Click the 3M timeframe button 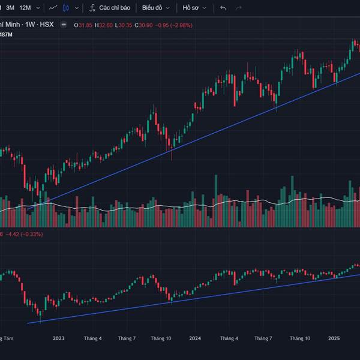[x=10, y=8]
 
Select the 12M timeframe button [x=25, y=8]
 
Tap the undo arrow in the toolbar [x=223, y=8]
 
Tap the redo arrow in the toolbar [x=239, y=8]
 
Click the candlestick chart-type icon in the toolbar [x=66, y=8]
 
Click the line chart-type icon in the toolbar [x=53, y=8]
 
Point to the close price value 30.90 [x=142, y=25]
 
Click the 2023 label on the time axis [x=58, y=338]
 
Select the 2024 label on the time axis [x=194, y=338]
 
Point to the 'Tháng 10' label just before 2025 [x=299, y=338]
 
